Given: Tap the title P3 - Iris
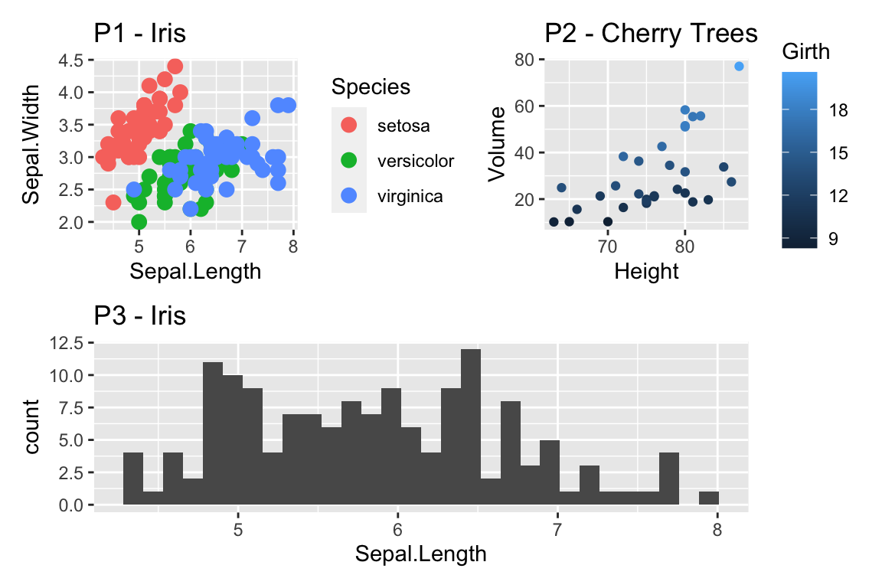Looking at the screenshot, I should (139, 315).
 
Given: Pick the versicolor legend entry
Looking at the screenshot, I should (416, 161).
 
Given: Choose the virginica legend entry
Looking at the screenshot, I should (410, 197).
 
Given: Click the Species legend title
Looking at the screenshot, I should (371, 87).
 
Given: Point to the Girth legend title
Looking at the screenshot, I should (806, 52).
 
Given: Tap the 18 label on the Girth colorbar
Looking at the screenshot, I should (838, 110).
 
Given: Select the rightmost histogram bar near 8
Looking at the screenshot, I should (709, 498).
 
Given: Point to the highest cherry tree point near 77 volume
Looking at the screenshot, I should (739, 67).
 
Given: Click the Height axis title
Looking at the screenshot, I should (646, 271).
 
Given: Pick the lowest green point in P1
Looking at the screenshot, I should (139, 222).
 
